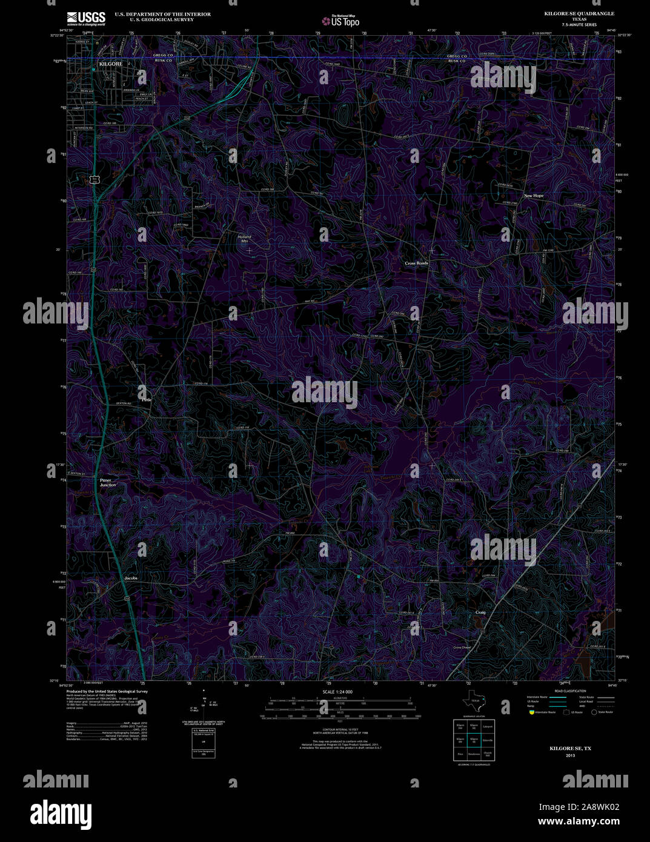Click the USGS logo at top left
[x=86, y=18]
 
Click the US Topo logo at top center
[x=340, y=21]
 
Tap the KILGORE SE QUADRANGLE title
[x=579, y=13]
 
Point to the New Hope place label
[x=534, y=196]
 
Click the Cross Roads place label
[x=417, y=264]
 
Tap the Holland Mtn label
[x=244, y=239]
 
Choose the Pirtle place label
[x=147, y=400]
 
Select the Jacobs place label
[x=131, y=578]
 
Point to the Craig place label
[x=480, y=612]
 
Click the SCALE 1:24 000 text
[x=337, y=692]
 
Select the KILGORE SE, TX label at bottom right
[x=570, y=749]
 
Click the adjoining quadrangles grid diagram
[x=474, y=740]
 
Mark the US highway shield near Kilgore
[x=94, y=179]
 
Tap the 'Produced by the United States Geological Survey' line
[x=107, y=691]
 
